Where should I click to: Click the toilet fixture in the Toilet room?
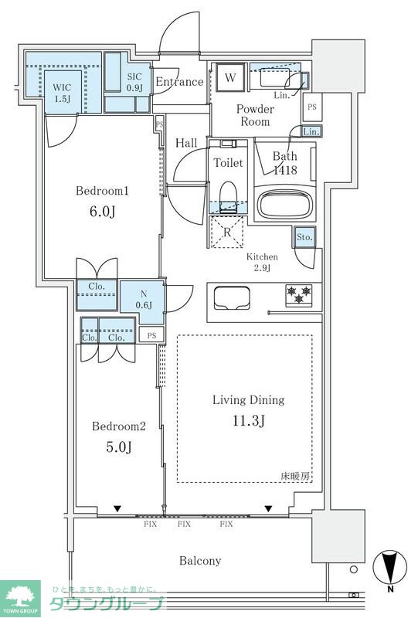click(227, 197)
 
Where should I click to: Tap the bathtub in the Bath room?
click(285, 204)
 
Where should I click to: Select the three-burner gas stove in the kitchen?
click(299, 295)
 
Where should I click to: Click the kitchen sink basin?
click(232, 298)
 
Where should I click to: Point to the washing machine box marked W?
click(230, 76)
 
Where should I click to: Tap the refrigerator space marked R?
click(226, 233)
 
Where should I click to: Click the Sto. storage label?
click(304, 237)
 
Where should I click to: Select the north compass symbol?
click(390, 569)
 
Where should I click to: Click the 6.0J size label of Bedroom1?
click(103, 212)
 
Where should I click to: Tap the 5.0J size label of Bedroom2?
click(119, 447)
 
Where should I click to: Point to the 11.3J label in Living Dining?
click(249, 421)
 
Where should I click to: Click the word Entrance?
click(179, 82)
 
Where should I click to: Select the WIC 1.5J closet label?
click(62, 93)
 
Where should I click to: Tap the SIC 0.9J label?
click(134, 83)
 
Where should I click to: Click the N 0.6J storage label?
click(144, 299)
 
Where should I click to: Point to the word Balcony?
click(200, 561)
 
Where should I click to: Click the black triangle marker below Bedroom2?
click(117, 509)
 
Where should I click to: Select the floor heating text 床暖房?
click(295, 476)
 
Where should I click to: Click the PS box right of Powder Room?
click(312, 107)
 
